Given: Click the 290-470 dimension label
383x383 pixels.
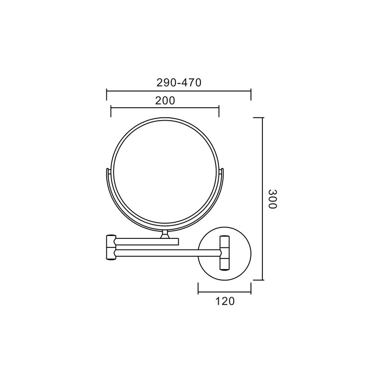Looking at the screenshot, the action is coord(179,82).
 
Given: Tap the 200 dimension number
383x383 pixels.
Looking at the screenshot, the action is coord(165,101).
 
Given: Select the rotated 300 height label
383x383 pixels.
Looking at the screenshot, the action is coord(272,199).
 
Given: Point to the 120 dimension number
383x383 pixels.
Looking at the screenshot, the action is coord(225,301).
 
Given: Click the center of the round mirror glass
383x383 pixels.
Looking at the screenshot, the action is coord(165,170).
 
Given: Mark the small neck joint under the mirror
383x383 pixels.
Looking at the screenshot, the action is coord(165,234).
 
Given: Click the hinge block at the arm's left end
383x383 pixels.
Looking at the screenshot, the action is coord(111,248).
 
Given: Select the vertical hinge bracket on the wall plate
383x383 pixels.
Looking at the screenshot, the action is coord(225,253).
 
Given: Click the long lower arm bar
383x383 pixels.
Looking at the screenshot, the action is coord(169,253).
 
